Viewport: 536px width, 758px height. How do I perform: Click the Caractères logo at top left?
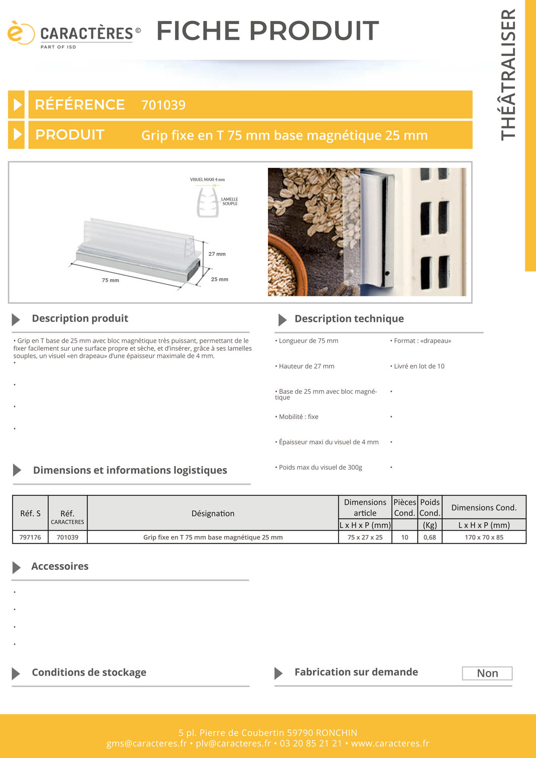(x=73, y=35)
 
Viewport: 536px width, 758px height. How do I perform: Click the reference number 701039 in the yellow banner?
(x=163, y=105)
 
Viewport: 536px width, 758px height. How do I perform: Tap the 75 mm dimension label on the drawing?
(x=110, y=280)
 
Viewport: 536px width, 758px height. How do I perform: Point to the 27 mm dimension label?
(x=217, y=254)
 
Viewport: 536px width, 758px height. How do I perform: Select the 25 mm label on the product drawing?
(x=220, y=280)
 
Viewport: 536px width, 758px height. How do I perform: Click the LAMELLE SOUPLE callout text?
(x=230, y=201)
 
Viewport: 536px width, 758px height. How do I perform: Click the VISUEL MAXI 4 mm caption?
(x=207, y=180)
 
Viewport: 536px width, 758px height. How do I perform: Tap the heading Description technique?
(x=349, y=319)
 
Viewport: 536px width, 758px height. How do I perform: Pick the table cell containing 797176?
(x=30, y=537)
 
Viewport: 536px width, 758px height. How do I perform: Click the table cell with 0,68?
(x=430, y=537)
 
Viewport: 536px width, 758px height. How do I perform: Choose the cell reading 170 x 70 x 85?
(x=484, y=537)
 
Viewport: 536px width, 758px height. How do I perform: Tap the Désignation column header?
(x=213, y=513)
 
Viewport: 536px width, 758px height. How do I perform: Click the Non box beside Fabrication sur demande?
(x=487, y=673)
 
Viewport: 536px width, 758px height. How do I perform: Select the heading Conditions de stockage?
(x=89, y=672)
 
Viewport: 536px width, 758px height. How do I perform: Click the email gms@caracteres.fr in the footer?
(x=147, y=744)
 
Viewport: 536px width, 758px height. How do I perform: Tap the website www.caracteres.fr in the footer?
(x=390, y=744)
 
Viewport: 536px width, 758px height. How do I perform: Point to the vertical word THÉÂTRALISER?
(x=509, y=74)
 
